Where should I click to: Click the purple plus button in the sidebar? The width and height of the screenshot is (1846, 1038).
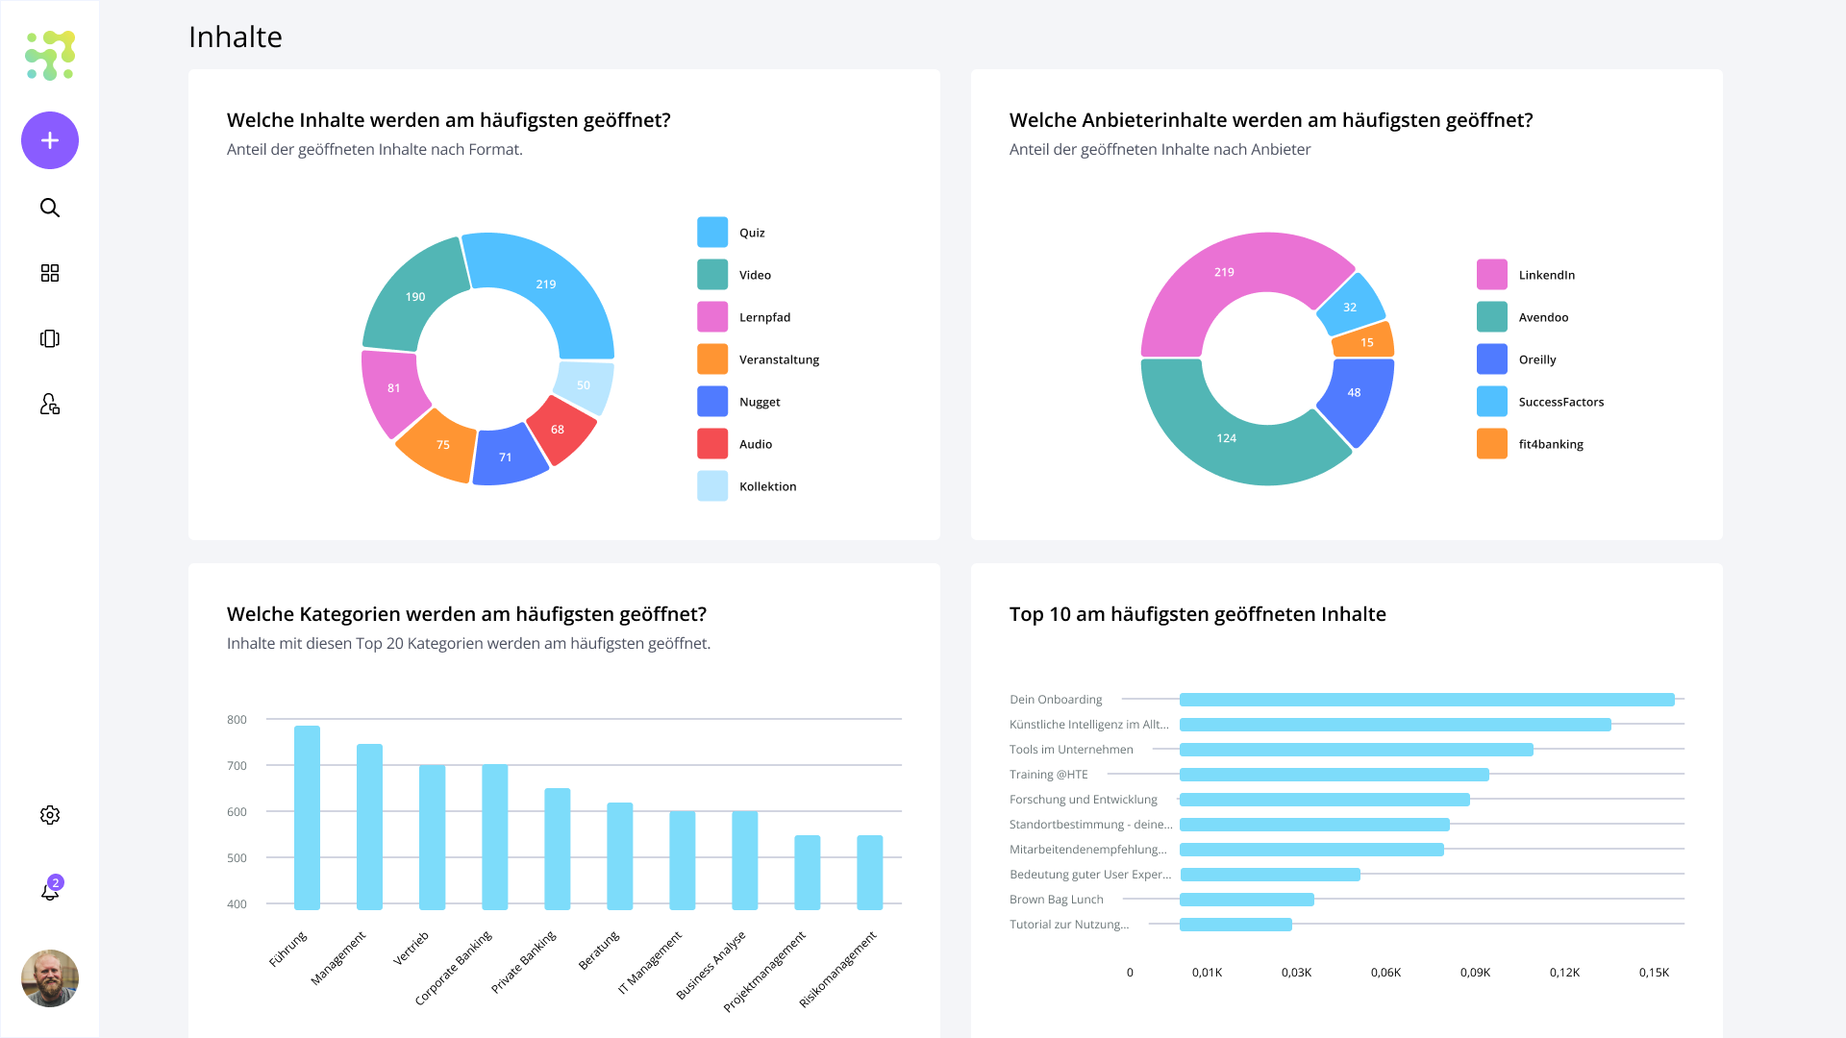point(50,140)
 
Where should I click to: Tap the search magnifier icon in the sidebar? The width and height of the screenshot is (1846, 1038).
point(50,208)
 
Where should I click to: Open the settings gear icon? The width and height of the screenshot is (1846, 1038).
point(50,815)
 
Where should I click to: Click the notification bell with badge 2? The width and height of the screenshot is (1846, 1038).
point(51,890)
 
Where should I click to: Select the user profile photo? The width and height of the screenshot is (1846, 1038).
point(50,978)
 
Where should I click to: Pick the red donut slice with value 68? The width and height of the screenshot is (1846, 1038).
point(561,431)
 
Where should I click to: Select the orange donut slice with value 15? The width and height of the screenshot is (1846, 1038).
point(1365,341)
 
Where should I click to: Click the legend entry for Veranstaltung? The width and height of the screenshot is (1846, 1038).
point(759,359)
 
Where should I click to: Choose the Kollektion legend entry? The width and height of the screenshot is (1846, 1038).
point(747,486)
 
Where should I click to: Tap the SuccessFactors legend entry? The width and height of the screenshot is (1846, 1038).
point(1540,402)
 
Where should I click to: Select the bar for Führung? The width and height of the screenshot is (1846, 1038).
point(307,818)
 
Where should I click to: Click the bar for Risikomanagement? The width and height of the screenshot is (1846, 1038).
point(870,873)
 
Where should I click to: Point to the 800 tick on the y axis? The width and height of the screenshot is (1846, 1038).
point(237,720)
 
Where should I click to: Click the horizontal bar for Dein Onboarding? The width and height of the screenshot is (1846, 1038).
point(1427,700)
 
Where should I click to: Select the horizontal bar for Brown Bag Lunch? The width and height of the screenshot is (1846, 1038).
point(1247,900)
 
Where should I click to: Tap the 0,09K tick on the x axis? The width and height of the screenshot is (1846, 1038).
point(1475,973)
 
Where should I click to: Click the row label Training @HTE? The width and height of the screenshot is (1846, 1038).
point(1049,775)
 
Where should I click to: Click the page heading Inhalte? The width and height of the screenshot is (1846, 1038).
point(236,37)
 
